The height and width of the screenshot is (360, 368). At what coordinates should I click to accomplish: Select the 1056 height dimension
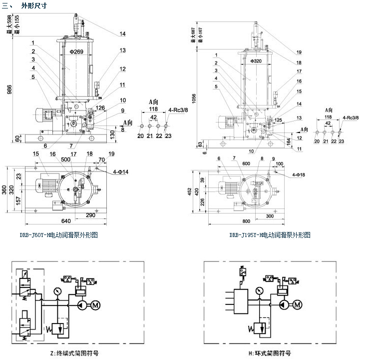click(193, 99)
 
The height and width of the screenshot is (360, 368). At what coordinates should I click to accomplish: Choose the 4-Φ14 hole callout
click(120, 171)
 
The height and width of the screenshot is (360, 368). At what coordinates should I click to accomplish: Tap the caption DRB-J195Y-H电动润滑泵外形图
click(270, 234)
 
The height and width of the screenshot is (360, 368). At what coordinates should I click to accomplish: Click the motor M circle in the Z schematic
click(94, 304)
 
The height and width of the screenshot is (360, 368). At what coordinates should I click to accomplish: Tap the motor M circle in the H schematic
click(298, 304)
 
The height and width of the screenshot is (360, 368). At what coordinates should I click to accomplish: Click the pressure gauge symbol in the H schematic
click(259, 290)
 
